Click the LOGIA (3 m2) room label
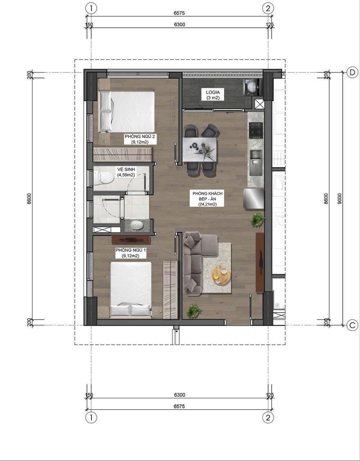point(213,95)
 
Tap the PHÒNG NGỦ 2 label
point(140,139)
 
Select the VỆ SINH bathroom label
point(126,172)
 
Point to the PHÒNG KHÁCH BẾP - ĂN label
point(208,199)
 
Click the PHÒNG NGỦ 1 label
point(131,253)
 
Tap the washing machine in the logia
point(252,87)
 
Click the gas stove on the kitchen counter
point(256,130)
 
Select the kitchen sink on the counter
point(256,157)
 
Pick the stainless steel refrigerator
point(254,200)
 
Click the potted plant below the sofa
point(194,311)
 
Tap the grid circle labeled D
point(352,72)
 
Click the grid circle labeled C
point(352,325)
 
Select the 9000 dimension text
point(339,199)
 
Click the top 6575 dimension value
point(179,13)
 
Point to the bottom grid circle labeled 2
point(268,418)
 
